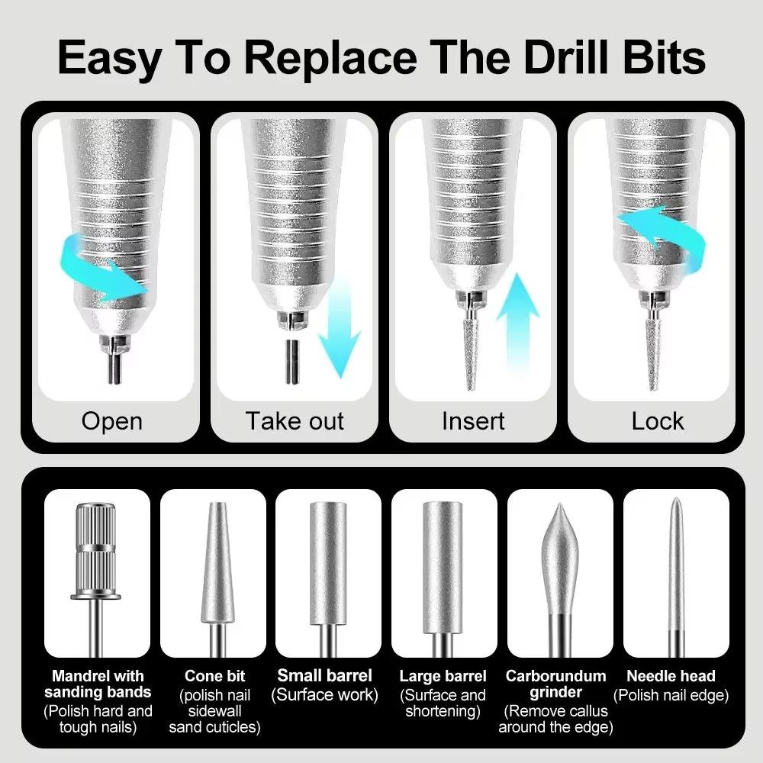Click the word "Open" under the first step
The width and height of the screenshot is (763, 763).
[111, 421]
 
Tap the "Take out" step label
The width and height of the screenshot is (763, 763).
[295, 421]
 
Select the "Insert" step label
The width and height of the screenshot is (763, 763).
[473, 421]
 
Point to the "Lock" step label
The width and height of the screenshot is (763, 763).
[658, 421]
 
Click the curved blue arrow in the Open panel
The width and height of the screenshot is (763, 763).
[107, 267]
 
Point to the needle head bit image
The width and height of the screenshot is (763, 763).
[674, 572]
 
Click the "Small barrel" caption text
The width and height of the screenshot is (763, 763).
[325, 675]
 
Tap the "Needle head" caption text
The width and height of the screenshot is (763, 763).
[671, 675]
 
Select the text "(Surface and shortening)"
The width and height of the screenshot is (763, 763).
[443, 703]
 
